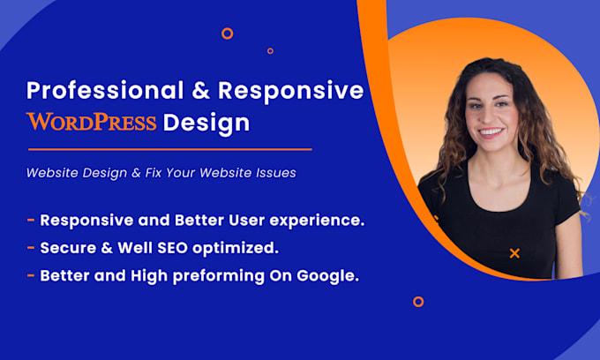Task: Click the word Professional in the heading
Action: pos(105,91)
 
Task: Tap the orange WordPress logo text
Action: pos(92,122)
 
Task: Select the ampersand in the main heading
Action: pos(201,90)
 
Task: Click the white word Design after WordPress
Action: pos(206,124)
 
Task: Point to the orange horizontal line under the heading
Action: pos(170,149)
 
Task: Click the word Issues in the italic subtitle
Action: pos(277,173)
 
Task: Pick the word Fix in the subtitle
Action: pos(154,173)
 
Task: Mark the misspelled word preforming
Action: pos(219,276)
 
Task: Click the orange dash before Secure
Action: pos(31,248)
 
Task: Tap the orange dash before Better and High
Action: pos(31,275)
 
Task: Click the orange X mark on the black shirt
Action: pos(514,253)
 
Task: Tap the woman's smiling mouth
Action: pos(491,132)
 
